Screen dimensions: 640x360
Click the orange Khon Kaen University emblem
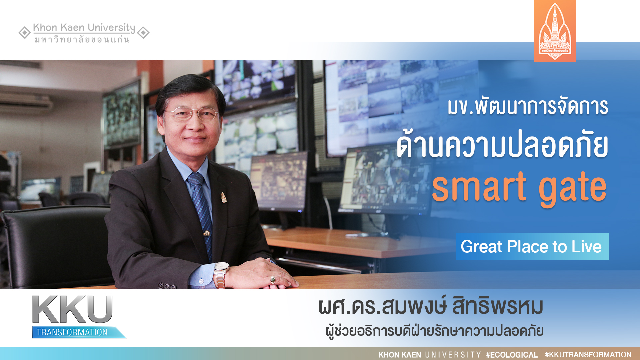click(x=555, y=31)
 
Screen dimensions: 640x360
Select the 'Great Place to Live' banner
click(x=532, y=246)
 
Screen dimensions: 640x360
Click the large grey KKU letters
click(x=72, y=309)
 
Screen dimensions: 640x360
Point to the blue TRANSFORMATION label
click(x=79, y=332)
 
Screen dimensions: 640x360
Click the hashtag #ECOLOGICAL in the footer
click(x=512, y=355)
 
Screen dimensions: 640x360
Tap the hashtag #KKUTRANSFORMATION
click(x=588, y=355)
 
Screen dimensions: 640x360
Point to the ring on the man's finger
click(x=273, y=279)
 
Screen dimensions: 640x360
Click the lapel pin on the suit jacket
click(x=224, y=197)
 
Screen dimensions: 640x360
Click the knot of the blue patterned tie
click(x=196, y=179)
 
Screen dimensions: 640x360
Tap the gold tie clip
click(x=207, y=233)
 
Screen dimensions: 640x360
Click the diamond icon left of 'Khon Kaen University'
click(x=25, y=33)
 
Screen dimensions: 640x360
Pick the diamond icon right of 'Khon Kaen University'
click(x=143, y=33)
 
